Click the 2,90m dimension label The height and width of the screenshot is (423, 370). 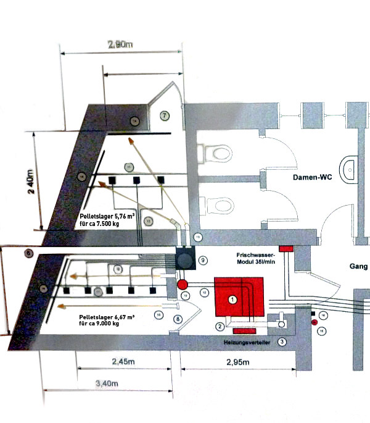(x=120, y=45)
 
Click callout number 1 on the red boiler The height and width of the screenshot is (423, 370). (x=232, y=299)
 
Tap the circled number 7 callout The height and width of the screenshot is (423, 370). (x=164, y=115)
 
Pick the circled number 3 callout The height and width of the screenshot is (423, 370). (x=282, y=341)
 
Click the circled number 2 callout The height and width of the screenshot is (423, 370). (x=219, y=326)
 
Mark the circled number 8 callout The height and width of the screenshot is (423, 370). (x=178, y=319)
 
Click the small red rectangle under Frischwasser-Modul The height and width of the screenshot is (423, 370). (x=286, y=248)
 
